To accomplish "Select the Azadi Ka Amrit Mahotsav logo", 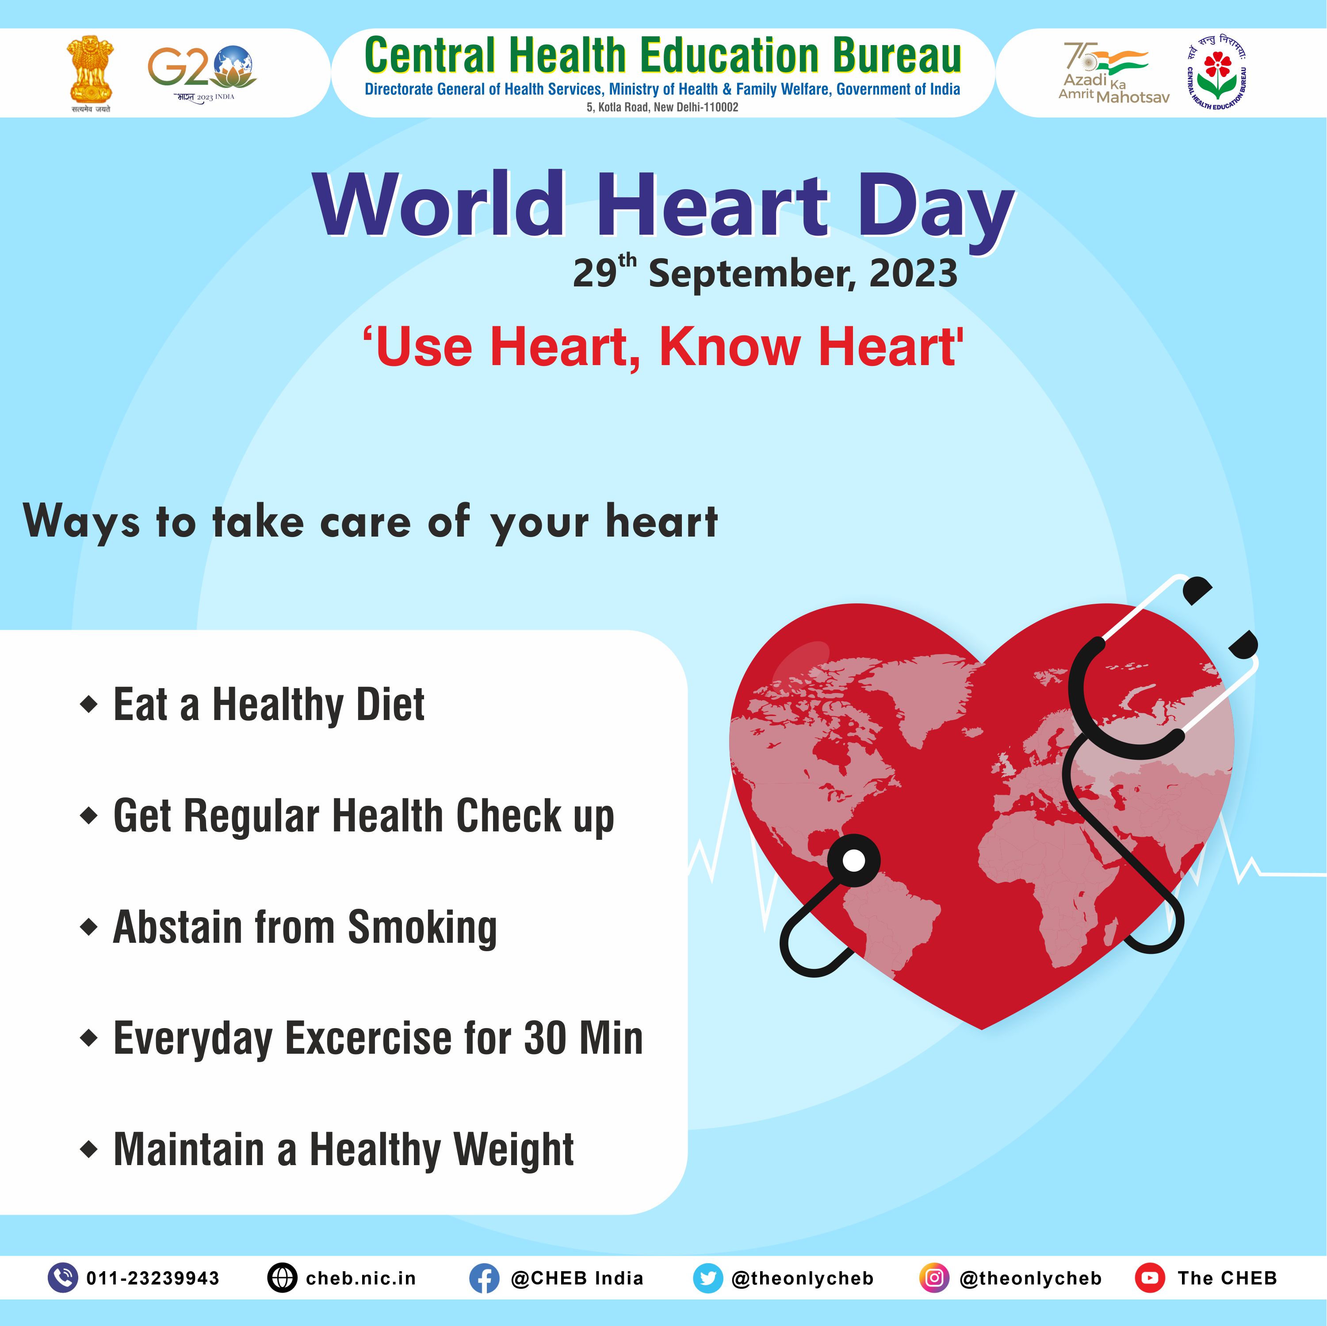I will point(1113,73).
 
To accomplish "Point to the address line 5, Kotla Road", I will point(662,107).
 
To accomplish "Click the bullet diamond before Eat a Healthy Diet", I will point(88,705).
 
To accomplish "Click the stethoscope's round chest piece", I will point(853,861).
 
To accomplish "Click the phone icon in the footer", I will point(62,1278).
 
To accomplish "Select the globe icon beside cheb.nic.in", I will point(282,1278).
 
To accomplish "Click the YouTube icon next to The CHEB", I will point(1150,1278).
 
